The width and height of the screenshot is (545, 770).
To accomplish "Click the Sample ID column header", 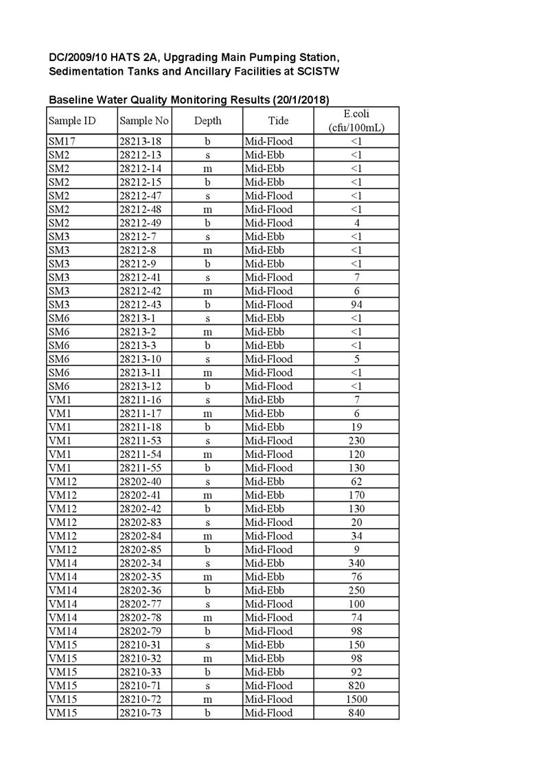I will pos(71,121).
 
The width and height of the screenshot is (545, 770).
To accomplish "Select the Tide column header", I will pos(278,121).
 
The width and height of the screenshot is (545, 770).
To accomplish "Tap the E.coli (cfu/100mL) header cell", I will pos(356,121).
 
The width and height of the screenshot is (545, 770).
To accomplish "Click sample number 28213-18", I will pos(140,141).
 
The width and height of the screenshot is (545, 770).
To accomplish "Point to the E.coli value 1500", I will pos(356,699).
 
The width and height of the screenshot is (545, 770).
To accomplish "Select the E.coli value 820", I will pos(356,686).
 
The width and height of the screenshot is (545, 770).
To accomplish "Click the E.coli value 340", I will pos(356,563).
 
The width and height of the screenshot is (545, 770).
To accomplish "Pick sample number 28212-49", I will pos(140,223).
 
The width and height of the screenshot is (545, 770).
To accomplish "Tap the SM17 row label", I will pos(59,141).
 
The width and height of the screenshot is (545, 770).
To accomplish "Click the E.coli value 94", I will pos(356,304).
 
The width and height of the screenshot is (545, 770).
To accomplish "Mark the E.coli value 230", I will pos(356,441).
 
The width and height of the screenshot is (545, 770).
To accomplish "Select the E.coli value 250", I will pos(356,590).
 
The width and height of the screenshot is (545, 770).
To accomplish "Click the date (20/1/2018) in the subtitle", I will pos(301,100).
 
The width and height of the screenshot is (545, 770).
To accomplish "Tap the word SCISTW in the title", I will pos(315,71).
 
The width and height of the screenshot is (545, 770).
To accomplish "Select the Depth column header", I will pos(207,121).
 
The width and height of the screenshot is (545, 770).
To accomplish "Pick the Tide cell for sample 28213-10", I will pos(268,359).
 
